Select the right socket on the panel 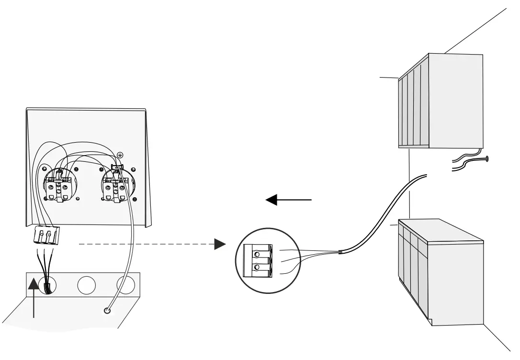(115, 186)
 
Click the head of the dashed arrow (220, 244)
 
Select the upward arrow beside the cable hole (34, 297)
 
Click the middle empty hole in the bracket (87, 285)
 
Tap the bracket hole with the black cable (47, 286)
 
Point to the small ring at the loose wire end (108, 311)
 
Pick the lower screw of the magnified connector (257, 267)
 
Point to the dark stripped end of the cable (339, 251)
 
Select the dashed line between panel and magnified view (144, 244)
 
